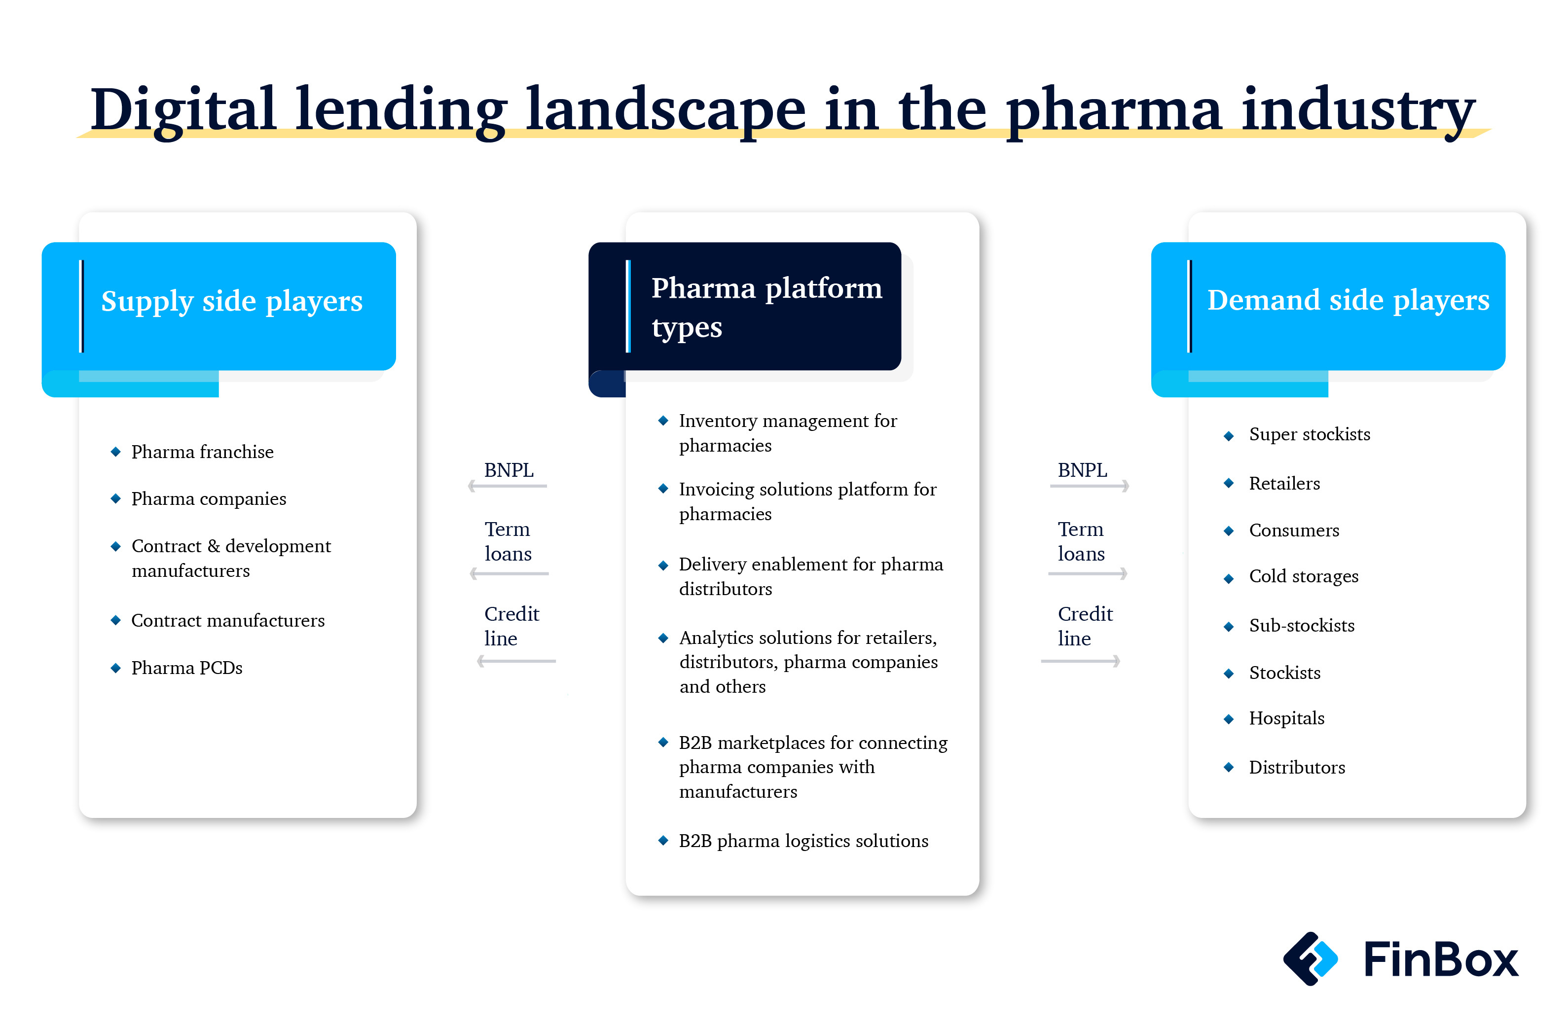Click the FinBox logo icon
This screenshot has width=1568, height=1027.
pos(1311,958)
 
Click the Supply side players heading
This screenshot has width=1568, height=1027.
pos(232,301)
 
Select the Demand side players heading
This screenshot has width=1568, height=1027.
pos(1348,300)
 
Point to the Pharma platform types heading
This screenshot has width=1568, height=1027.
pos(766,308)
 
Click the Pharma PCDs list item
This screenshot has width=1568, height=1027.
pos(186,668)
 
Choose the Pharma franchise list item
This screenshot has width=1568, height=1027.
pos(202,452)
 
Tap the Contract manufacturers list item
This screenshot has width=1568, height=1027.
pos(228,621)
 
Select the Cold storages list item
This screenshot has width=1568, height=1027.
pos(1304,576)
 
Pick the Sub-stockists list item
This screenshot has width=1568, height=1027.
pos(1302,625)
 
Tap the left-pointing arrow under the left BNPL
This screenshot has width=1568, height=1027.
pos(507,486)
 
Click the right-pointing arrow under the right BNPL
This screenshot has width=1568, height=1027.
pos(1090,486)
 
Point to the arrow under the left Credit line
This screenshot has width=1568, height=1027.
pos(516,661)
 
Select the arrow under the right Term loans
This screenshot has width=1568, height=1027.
pos(1088,574)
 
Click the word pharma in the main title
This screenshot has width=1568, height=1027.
pos(1113,110)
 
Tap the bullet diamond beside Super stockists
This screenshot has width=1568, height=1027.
pos(1229,435)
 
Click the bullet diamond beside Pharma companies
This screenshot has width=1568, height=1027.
pos(116,498)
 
